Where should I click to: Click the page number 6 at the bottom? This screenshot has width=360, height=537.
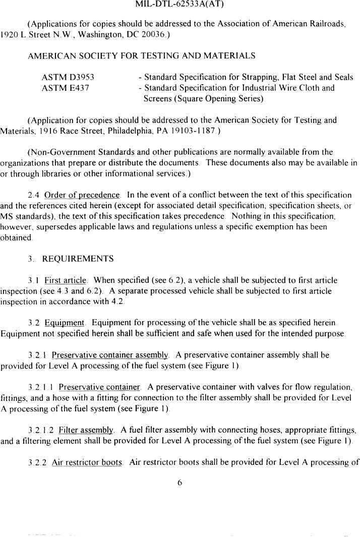point(179,483)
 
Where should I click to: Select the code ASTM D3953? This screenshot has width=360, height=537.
point(68,77)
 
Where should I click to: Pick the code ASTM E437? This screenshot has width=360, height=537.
point(65,88)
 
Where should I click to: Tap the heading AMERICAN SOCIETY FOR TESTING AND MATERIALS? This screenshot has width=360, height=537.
point(141,55)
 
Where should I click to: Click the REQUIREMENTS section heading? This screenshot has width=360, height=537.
point(78,259)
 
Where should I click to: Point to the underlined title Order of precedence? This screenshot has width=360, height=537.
point(82,195)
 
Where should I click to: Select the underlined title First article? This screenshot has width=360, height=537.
point(66,280)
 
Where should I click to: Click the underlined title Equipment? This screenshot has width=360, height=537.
point(65,323)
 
